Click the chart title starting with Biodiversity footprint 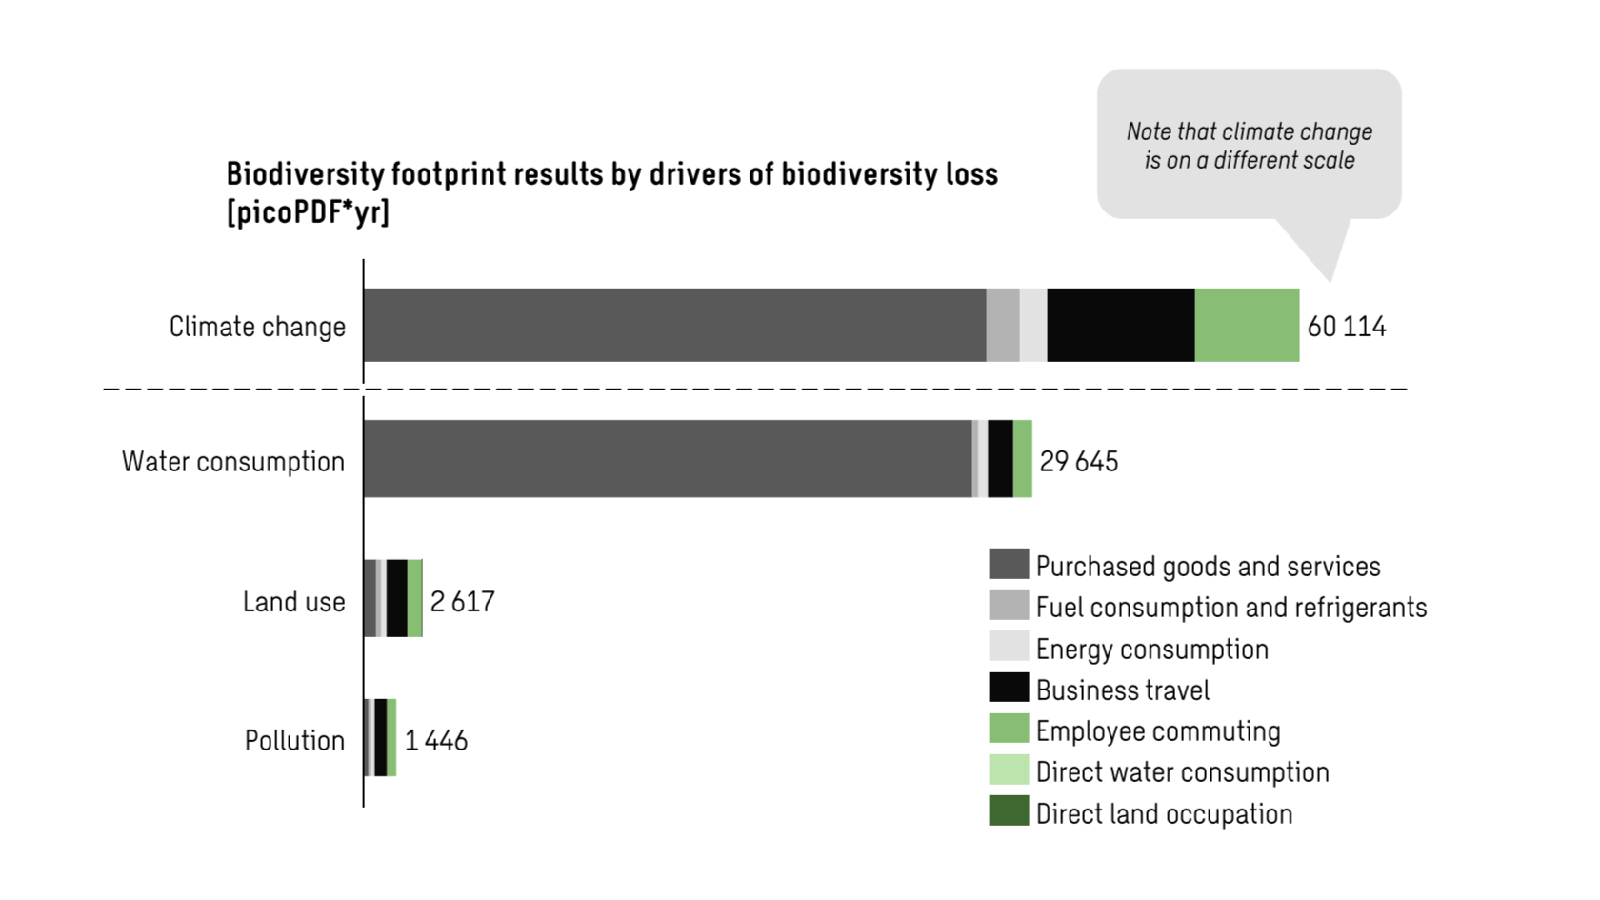tap(611, 175)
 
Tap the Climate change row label tap(257, 327)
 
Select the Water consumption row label tap(233, 462)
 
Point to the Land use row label tap(293, 602)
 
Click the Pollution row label tap(294, 741)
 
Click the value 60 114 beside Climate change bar tap(1346, 327)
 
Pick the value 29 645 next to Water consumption tap(1078, 462)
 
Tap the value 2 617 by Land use tap(462, 602)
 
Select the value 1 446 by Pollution tap(436, 741)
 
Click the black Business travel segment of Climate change tap(1120, 326)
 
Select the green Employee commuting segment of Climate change tap(1246, 326)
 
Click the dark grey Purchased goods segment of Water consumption tap(667, 459)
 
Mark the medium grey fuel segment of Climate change tap(1002, 326)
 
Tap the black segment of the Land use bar tap(396, 598)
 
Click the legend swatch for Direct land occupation tap(1009, 811)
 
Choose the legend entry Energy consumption tap(1151, 650)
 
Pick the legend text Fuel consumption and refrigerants tap(1230, 608)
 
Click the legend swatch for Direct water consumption tap(1009, 770)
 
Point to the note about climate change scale tap(1249, 146)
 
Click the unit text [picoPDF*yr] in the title tap(308, 213)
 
